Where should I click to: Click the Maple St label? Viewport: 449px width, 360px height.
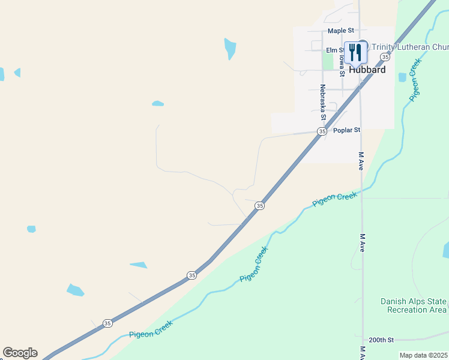pyautogui.click(x=340, y=31)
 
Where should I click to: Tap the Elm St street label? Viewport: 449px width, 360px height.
pyautogui.click(x=334, y=50)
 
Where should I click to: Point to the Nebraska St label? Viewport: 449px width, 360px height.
pyautogui.click(x=322, y=98)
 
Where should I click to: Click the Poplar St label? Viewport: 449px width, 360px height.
pyautogui.click(x=346, y=130)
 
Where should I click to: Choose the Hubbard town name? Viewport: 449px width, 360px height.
pyautogui.click(x=367, y=70)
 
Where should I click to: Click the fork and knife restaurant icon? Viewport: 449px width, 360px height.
pyautogui.click(x=357, y=52)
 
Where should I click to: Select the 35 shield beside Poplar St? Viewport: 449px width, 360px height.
pyautogui.click(x=322, y=131)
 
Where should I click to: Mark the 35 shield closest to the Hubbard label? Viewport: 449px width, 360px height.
pyautogui.click(x=384, y=56)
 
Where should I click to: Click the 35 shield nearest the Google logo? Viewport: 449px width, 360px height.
pyautogui.click(x=107, y=323)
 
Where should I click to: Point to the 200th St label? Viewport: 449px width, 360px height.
pyautogui.click(x=381, y=340)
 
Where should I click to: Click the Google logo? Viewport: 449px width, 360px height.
pyautogui.click(x=20, y=353)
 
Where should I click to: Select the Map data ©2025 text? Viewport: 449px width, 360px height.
pyautogui.click(x=424, y=355)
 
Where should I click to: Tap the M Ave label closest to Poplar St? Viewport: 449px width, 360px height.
pyautogui.click(x=361, y=161)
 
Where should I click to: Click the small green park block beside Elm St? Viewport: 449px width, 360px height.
pyautogui.click(x=327, y=60)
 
